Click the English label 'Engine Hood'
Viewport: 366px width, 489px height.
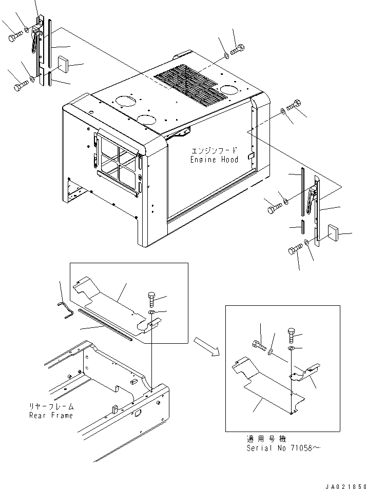(215, 160)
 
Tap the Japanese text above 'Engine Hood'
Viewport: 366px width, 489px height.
(214, 151)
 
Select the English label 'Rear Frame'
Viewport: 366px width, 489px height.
(51, 416)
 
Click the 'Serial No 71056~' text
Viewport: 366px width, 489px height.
(283, 448)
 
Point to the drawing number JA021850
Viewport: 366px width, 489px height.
(345, 486)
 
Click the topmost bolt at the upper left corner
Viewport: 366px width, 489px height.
(15, 35)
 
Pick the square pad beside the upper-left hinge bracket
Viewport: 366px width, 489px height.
(63, 64)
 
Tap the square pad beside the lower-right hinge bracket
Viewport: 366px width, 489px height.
(333, 232)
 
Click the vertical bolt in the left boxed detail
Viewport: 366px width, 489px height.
(151, 299)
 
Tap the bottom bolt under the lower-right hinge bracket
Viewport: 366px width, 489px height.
(295, 249)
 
